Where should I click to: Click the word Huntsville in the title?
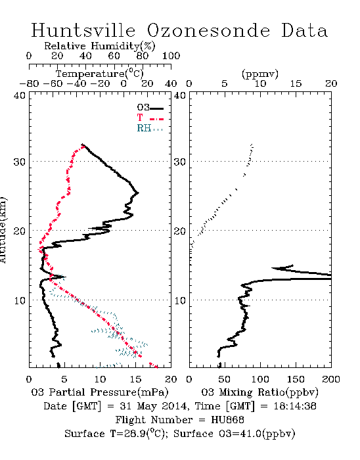(x=83, y=30)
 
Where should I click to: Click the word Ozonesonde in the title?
(x=208, y=30)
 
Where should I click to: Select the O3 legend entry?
(x=150, y=108)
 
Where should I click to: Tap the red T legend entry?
(x=150, y=118)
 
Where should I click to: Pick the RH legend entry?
(x=150, y=128)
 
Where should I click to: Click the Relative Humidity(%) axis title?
(x=100, y=46)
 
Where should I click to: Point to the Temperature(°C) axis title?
(x=100, y=74)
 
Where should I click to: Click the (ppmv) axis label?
(x=260, y=74)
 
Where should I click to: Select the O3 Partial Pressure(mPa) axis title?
(x=100, y=392)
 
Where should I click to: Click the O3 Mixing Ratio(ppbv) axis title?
(x=259, y=392)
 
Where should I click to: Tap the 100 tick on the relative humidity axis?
(x=171, y=56)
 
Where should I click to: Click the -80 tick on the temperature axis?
(x=29, y=83)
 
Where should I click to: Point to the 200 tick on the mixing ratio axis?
(x=331, y=379)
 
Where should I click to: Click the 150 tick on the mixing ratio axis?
(x=296, y=379)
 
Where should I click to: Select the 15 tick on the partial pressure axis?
(x=135, y=379)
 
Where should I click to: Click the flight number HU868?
(x=227, y=420)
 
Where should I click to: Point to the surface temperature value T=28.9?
(x=128, y=434)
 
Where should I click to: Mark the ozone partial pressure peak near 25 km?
(x=138, y=193)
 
